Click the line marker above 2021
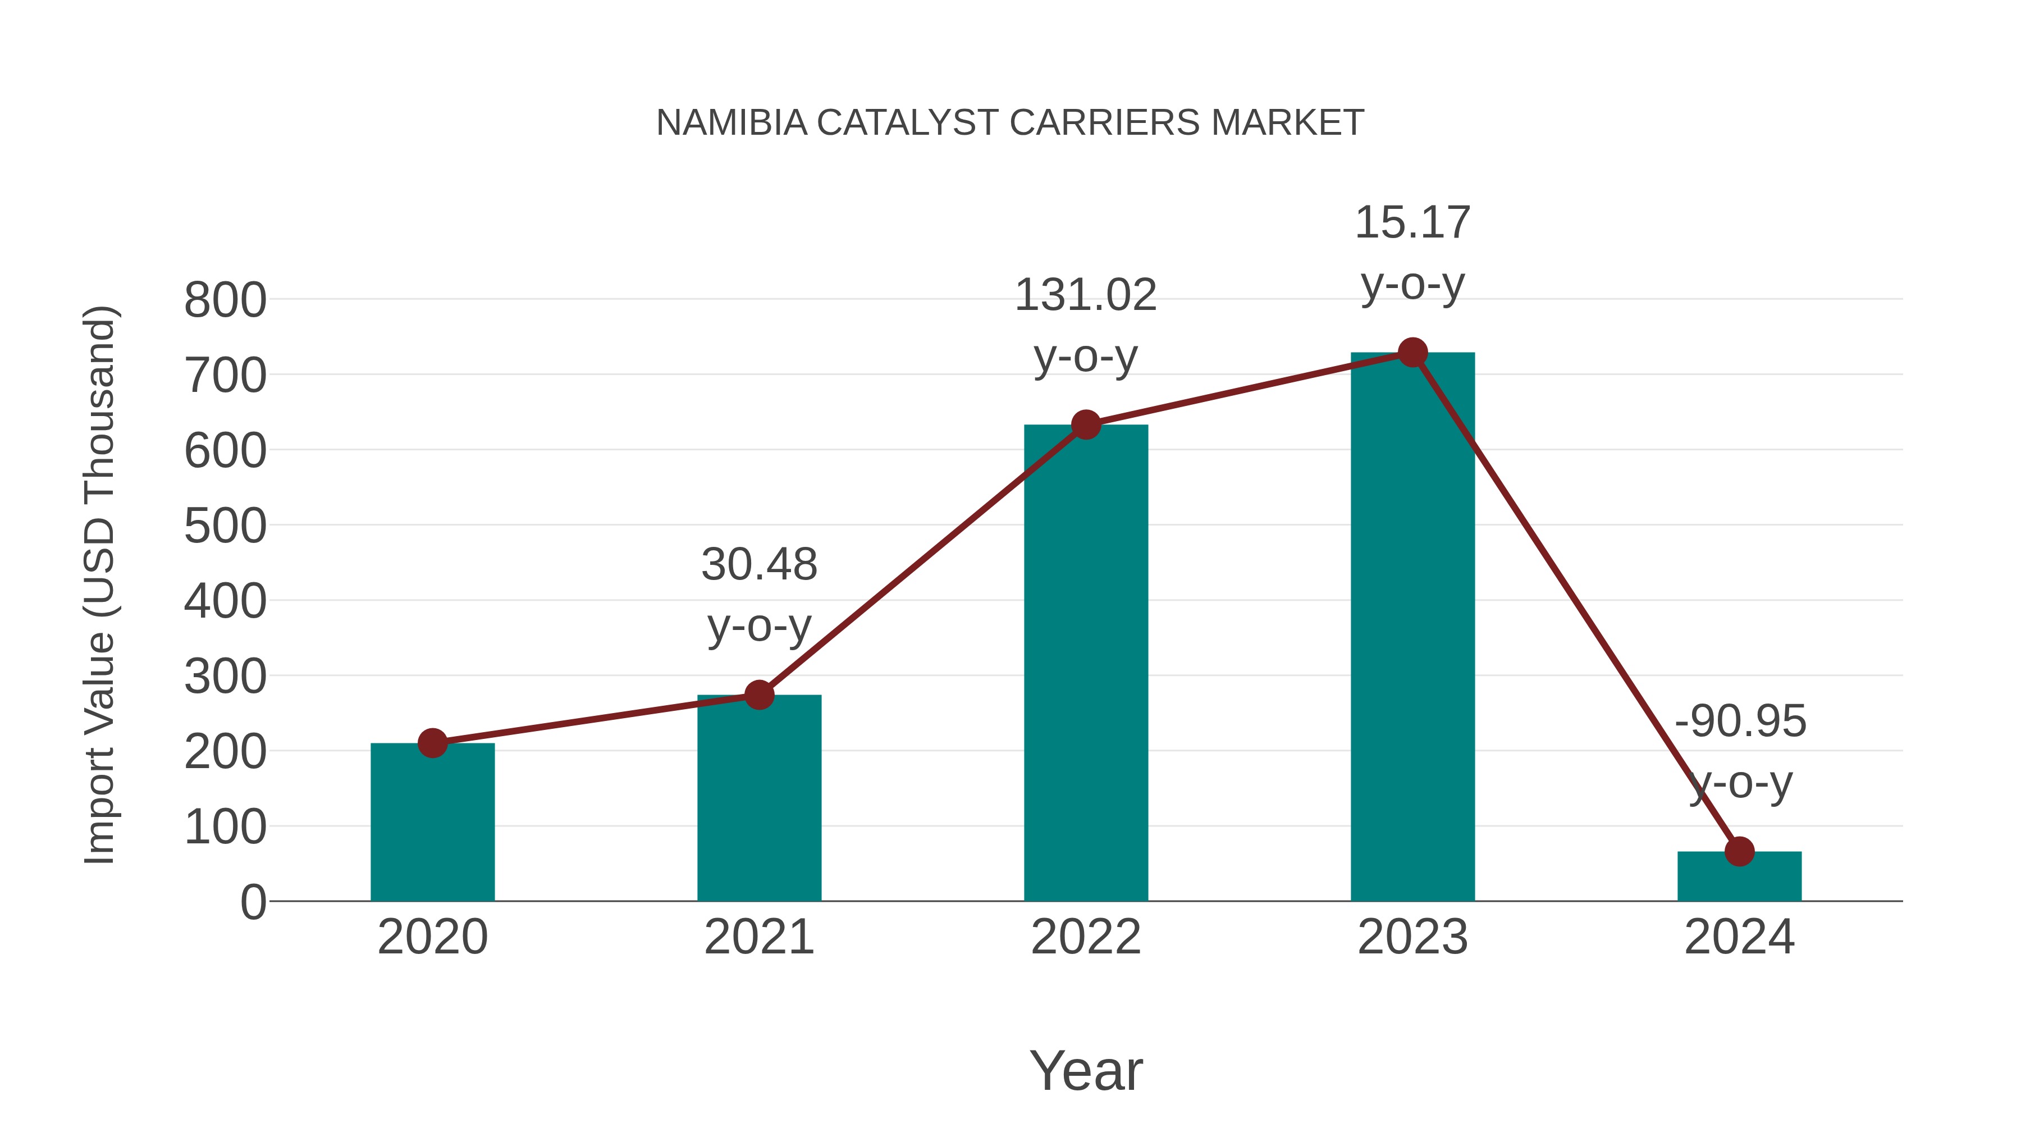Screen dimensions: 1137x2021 pos(758,695)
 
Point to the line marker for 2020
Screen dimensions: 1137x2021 pos(432,743)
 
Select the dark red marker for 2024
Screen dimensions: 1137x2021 pos(1739,851)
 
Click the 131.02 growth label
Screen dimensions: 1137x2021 pos(1086,296)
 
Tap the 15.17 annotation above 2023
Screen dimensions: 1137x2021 pos(1412,223)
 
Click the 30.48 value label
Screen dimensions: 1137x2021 pos(758,565)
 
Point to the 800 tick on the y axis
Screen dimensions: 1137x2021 pos(225,300)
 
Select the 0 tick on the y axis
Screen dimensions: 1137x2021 pos(253,902)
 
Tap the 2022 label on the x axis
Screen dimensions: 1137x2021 pos(1086,937)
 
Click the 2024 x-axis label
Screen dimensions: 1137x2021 pos(1739,937)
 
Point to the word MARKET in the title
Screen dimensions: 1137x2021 pos(1287,123)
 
